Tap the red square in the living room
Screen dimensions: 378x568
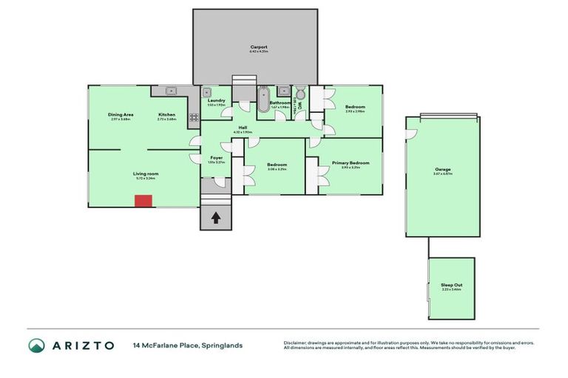click(143, 201)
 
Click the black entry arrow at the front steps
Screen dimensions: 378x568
click(216, 218)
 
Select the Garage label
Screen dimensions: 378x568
click(442, 169)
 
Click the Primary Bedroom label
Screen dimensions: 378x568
click(351, 162)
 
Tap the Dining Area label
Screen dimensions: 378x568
click(121, 114)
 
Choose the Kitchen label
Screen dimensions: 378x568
click(167, 114)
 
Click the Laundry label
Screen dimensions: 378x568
click(216, 100)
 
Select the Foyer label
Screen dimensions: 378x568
click(217, 157)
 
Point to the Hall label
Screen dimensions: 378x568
click(243, 128)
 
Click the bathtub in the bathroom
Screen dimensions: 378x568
click(263, 100)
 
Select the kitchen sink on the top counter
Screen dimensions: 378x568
click(172, 92)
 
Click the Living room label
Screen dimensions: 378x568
click(146, 173)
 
